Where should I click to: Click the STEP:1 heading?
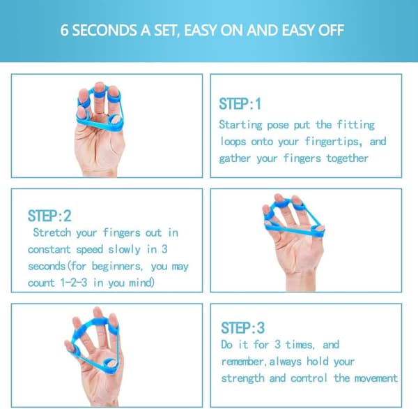point(240,104)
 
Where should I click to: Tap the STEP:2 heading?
point(49,216)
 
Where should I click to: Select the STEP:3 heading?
point(242,328)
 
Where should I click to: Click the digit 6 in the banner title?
point(64,30)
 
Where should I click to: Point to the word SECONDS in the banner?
point(104,30)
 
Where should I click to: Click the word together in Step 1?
point(348,158)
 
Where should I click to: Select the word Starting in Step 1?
point(240,125)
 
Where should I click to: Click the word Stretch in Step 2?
point(52,232)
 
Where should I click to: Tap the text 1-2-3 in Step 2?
point(74,283)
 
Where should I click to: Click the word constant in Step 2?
point(49,249)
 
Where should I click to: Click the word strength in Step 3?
point(242,378)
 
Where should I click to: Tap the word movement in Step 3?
point(376,378)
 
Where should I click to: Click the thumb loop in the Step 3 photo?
point(110,364)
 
